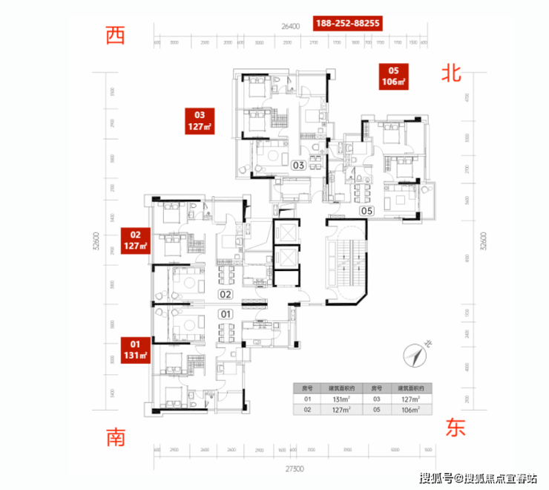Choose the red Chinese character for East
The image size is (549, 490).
pos(453,428)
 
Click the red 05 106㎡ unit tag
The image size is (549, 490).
pos(393,75)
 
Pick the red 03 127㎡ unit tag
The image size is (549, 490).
pos(200,121)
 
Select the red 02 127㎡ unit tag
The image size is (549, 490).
pos(136,241)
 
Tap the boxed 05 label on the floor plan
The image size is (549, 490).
pos(366,210)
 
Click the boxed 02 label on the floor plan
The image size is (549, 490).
pos(226,294)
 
